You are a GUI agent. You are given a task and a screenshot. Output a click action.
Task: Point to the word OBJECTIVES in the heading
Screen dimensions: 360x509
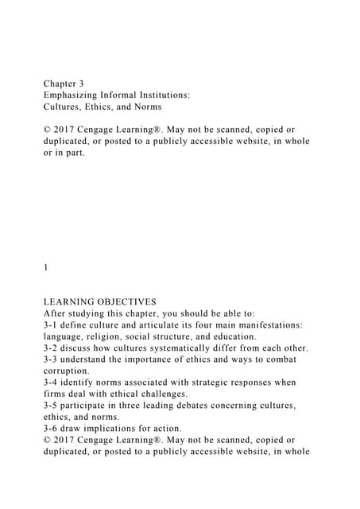(126, 301)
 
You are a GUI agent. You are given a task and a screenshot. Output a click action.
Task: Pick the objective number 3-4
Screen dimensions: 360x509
(52, 382)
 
